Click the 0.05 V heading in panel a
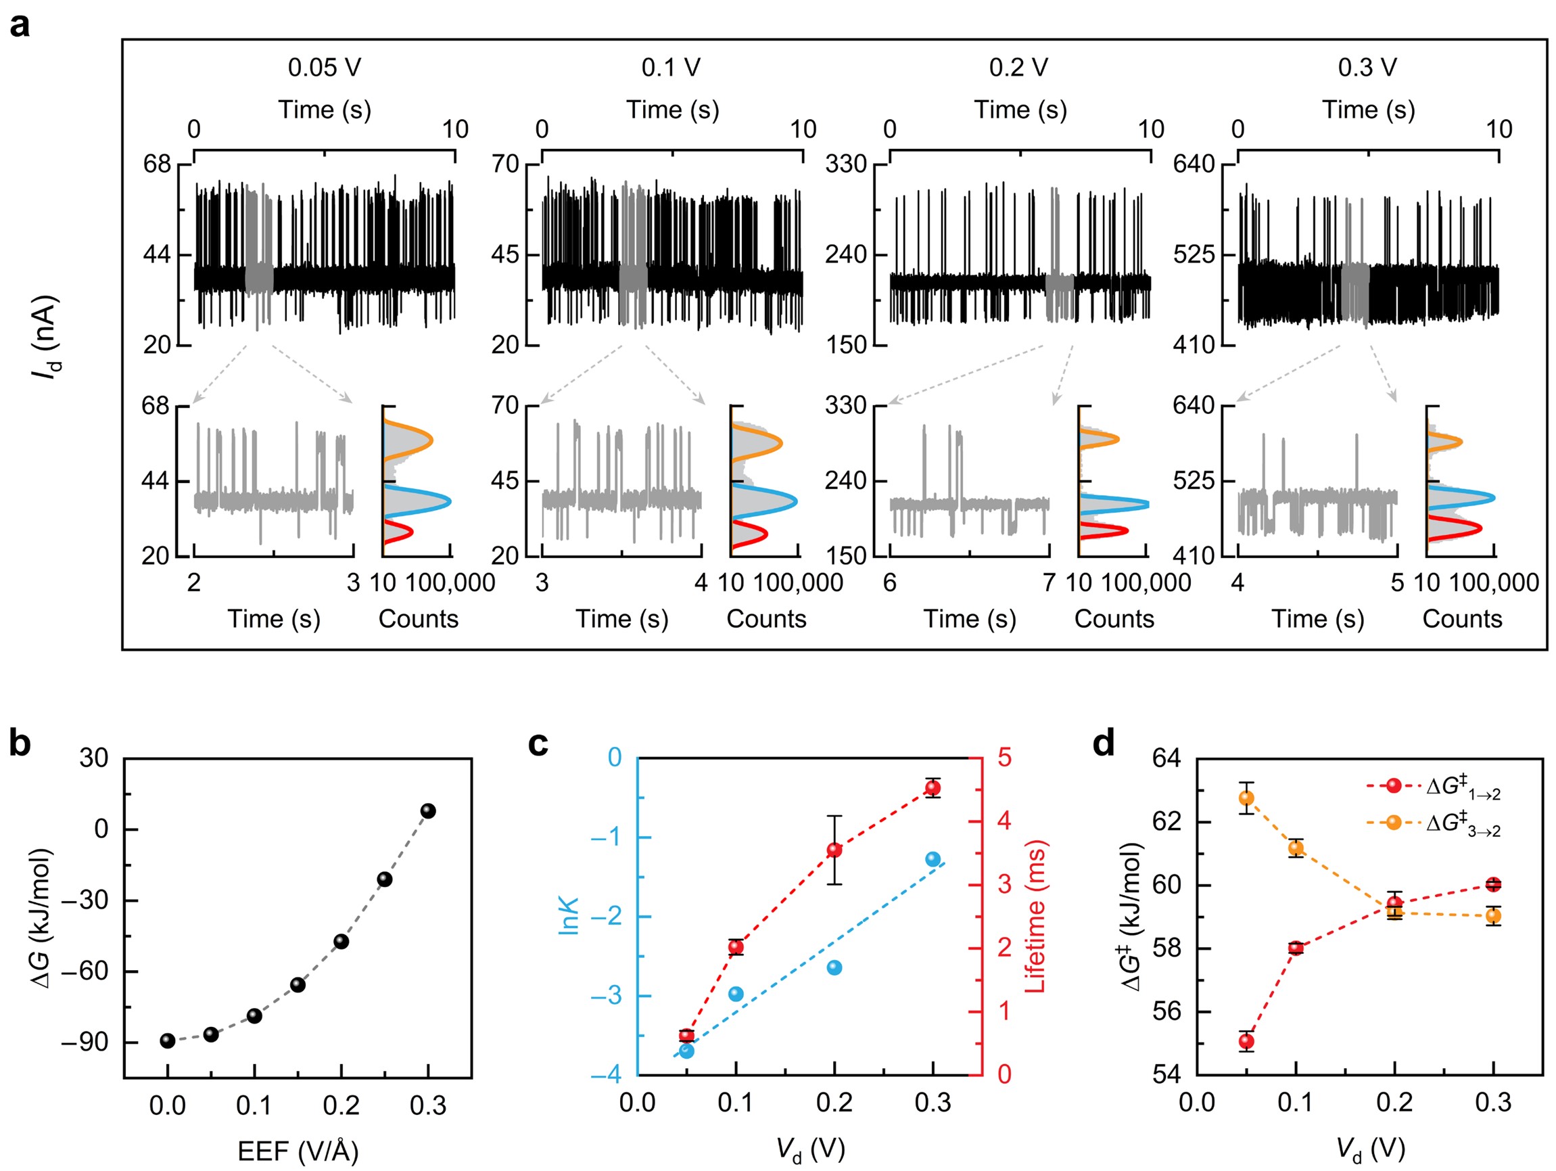click(x=325, y=68)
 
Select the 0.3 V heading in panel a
click(x=1367, y=68)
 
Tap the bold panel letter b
click(x=20, y=744)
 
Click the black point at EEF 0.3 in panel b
click(x=427, y=810)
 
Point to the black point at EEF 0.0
click(x=168, y=1041)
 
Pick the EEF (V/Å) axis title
click(x=298, y=1151)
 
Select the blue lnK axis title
click(x=569, y=915)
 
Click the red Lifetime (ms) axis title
click(x=1035, y=916)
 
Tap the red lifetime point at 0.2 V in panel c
click(x=834, y=850)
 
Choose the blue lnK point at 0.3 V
click(x=933, y=859)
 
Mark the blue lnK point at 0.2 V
click(x=834, y=967)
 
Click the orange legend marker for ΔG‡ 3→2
click(x=1394, y=823)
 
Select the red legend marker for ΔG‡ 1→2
click(x=1394, y=785)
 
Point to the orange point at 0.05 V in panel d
click(x=1246, y=798)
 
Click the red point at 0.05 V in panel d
click(x=1246, y=1041)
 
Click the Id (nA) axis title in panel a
click(x=46, y=338)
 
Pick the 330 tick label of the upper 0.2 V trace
click(x=846, y=164)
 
